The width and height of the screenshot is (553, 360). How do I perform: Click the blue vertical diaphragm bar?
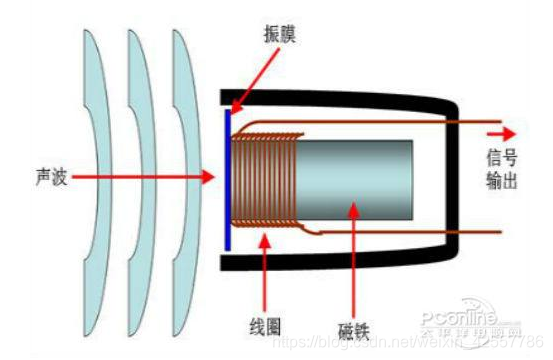[228, 180]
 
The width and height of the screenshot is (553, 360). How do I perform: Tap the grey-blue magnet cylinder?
[360, 180]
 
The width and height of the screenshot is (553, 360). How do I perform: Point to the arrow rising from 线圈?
[264, 270]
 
